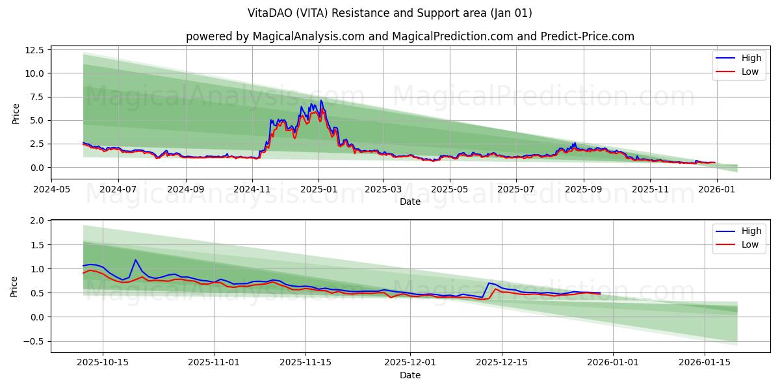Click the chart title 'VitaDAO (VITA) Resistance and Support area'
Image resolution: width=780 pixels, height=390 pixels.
pyautogui.click(x=390, y=13)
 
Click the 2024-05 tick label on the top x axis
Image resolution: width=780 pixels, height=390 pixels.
pyautogui.click(x=51, y=189)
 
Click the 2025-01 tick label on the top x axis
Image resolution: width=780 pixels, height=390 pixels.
pyautogui.click(x=318, y=189)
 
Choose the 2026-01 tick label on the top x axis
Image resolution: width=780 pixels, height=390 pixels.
pyautogui.click(x=716, y=189)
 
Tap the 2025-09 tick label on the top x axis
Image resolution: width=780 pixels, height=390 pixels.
pyautogui.click(x=583, y=189)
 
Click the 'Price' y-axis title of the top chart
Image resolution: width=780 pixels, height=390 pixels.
pyautogui.click(x=16, y=114)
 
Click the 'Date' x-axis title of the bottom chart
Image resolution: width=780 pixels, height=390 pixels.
pyautogui.click(x=409, y=375)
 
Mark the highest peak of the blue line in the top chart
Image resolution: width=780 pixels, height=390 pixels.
pyautogui.click(x=320, y=101)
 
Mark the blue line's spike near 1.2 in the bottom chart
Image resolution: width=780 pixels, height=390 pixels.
pyautogui.click(x=135, y=260)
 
